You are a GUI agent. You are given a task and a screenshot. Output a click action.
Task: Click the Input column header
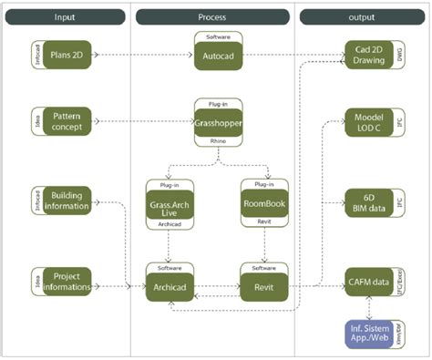click(x=66, y=16)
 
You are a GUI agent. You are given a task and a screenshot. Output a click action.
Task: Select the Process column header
click(x=211, y=16)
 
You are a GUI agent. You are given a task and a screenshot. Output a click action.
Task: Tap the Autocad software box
click(x=218, y=56)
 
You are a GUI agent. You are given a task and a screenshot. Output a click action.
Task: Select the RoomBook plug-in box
click(x=264, y=205)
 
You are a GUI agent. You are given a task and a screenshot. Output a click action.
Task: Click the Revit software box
click(x=264, y=284)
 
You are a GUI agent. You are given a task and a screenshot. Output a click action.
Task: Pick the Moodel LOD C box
click(x=367, y=122)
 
